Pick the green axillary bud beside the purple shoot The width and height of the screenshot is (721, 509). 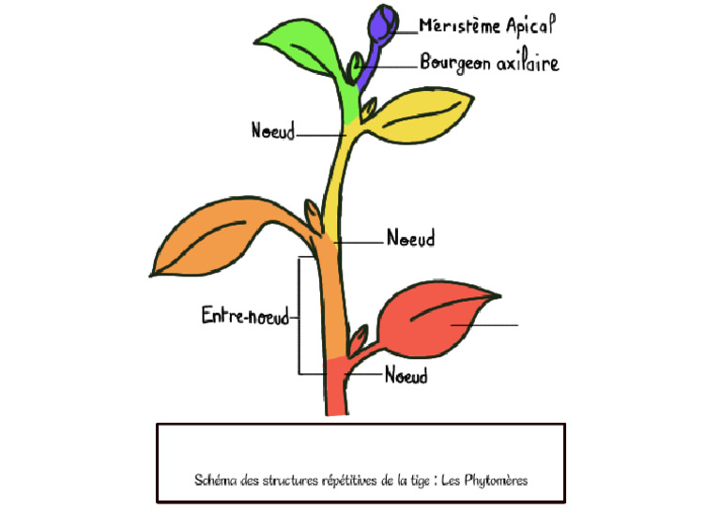click(x=355, y=67)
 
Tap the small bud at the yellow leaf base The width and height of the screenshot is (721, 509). click(x=368, y=109)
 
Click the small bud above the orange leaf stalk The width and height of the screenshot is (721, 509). click(x=314, y=215)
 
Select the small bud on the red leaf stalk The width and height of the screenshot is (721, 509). click(x=359, y=339)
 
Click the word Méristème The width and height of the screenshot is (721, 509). click(x=459, y=26)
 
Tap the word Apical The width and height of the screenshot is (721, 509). click(x=530, y=25)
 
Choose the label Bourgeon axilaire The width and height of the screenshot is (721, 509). click(x=489, y=63)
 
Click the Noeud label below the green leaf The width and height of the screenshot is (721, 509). click(x=273, y=130)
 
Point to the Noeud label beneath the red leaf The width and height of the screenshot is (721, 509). click(x=406, y=375)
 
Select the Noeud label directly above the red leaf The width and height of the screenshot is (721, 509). click(x=410, y=238)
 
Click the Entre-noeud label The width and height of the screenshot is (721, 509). click(x=246, y=316)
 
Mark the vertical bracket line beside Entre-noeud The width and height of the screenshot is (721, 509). click(x=299, y=315)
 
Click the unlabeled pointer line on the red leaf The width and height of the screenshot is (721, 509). click(x=484, y=325)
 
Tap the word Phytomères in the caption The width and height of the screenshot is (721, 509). click(x=496, y=481)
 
